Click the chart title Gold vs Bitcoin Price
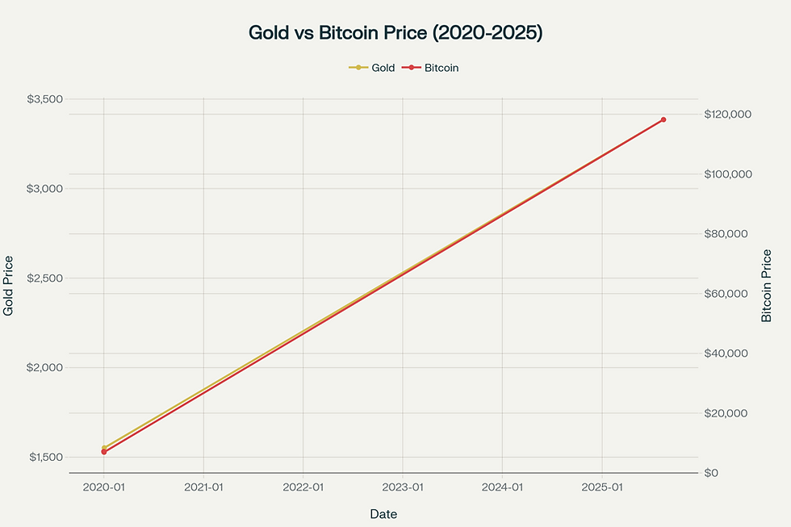pos(395,33)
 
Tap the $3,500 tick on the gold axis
pos(45,99)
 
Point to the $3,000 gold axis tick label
pos(45,189)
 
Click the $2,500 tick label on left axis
pos(45,278)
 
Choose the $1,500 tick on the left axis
pos(45,458)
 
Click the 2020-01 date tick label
pos(104,487)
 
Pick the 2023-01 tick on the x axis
pos(403,487)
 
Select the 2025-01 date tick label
pos(602,487)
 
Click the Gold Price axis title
pos(9,286)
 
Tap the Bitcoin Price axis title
pos(767,286)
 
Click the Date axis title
pos(383,514)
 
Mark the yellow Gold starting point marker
pos(104,448)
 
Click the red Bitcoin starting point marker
pos(104,452)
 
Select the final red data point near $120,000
pos(663,119)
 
